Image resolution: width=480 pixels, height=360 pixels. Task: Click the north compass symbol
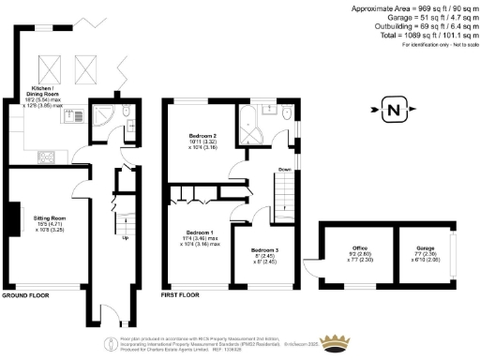392,112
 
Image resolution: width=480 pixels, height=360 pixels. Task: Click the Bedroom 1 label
200,237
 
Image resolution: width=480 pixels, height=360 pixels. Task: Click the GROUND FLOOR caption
24,294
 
